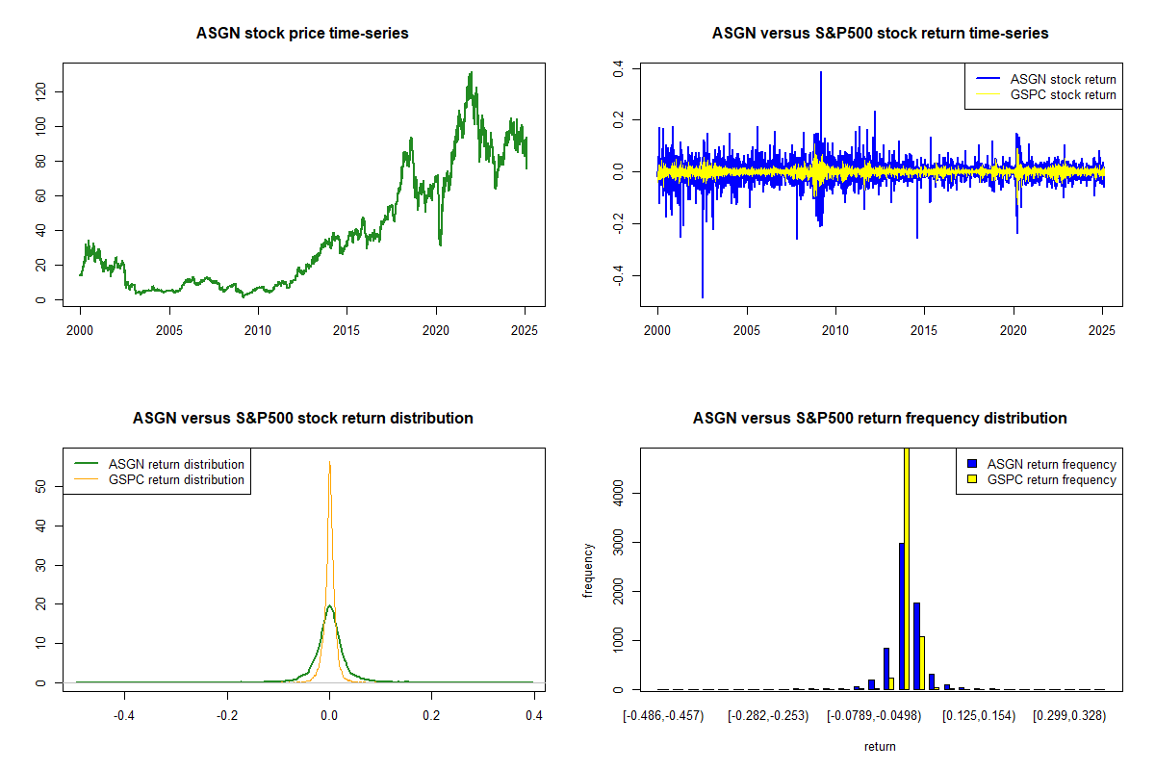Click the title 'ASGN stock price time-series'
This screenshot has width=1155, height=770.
pyautogui.click(x=302, y=34)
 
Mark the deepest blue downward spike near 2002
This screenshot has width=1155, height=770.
pyautogui.click(x=703, y=296)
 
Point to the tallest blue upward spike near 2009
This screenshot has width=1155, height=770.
pyautogui.click(x=821, y=72)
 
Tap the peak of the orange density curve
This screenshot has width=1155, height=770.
pyautogui.click(x=330, y=462)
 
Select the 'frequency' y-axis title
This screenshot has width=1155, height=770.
pyautogui.click(x=588, y=570)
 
